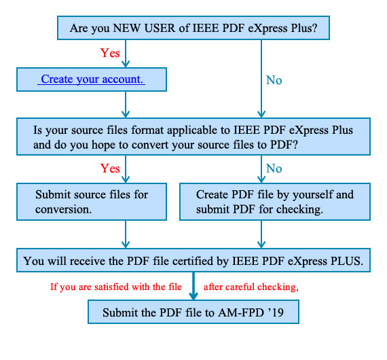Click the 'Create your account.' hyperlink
click(x=92, y=79)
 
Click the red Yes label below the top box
click(x=110, y=53)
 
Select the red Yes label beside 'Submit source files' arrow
click(x=110, y=168)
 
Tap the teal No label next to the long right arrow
click(x=274, y=80)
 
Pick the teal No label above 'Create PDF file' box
click(x=274, y=168)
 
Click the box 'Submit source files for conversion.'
click(x=92, y=202)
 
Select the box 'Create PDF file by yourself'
click(x=275, y=202)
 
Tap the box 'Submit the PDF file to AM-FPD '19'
click(x=193, y=312)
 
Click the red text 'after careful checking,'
click(x=251, y=287)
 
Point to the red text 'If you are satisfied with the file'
click(x=116, y=287)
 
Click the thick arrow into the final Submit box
click(x=193, y=286)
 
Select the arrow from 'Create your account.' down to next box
click(x=126, y=105)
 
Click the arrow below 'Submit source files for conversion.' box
click(x=126, y=234)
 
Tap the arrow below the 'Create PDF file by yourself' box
click(x=261, y=234)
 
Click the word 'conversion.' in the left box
click(x=63, y=210)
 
